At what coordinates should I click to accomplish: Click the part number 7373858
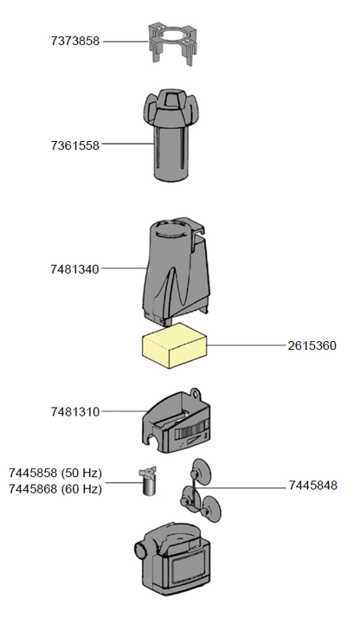pos(75,41)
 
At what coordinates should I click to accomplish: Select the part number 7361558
pos(75,145)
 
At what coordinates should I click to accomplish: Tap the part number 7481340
pos(75,269)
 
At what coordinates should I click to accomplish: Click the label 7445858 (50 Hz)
pos(55,474)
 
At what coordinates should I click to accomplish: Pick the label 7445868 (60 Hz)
pos(55,488)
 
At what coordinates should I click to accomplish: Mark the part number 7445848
pos(312,486)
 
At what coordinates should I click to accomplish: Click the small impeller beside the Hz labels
pos(147,479)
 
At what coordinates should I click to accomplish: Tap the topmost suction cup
pos(199,469)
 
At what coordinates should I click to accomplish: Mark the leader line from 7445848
pos(255,486)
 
